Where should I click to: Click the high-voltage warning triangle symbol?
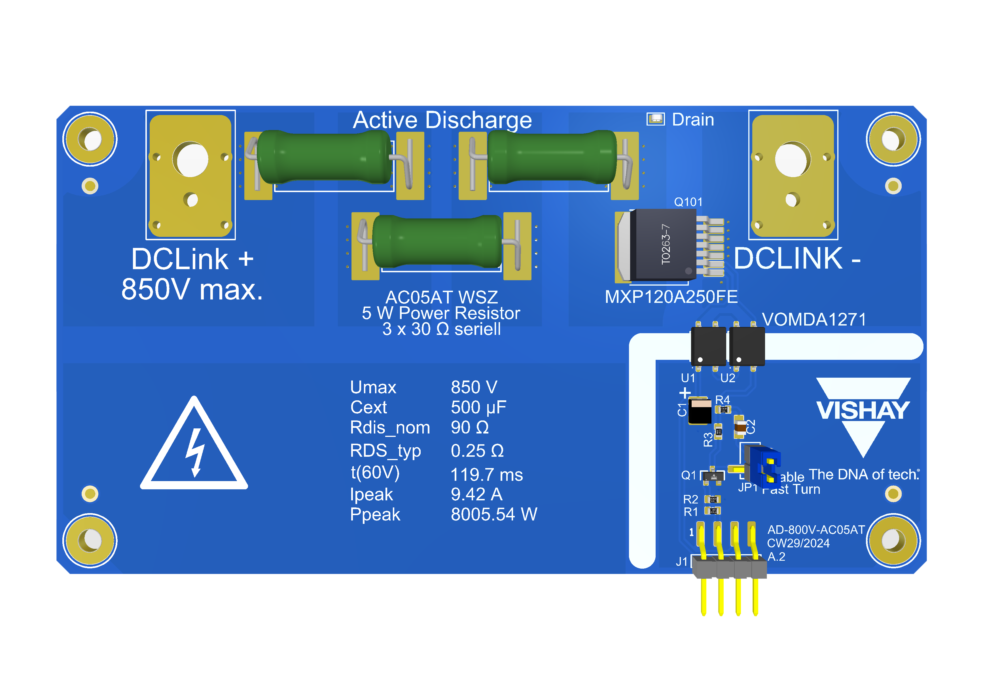(x=194, y=448)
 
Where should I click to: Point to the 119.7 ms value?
(x=486, y=475)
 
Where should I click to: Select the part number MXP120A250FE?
(x=671, y=297)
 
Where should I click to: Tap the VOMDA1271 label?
(x=814, y=319)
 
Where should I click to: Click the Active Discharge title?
(x=442, y=120)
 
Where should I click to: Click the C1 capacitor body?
(x=699, y=411)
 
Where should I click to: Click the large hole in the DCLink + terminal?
(x=190, y=160)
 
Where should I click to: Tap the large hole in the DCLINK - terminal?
(x=793, y=160)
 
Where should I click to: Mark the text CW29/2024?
(x=798, y=543)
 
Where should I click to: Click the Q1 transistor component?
(x=713, y=476)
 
